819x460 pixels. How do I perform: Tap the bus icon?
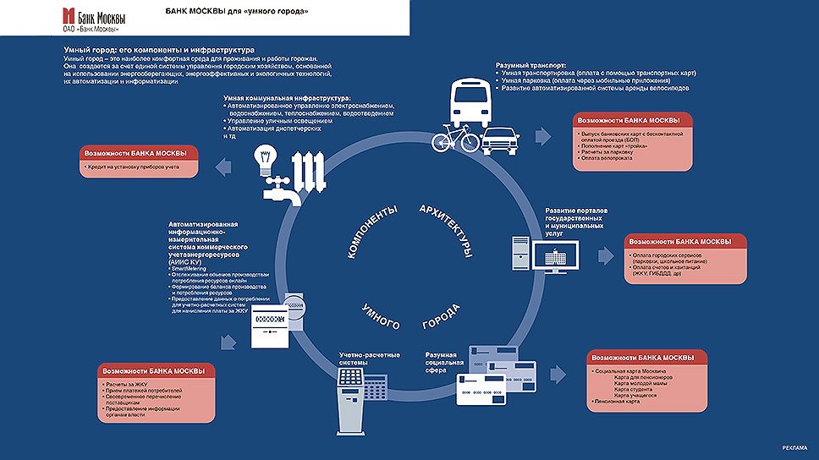click(x=469, y=107)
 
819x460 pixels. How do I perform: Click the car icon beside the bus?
click(x=502, y=139)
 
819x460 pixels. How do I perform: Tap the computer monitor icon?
click(x=556, y=255)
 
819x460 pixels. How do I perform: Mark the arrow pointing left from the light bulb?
click(x=223, y=168)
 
